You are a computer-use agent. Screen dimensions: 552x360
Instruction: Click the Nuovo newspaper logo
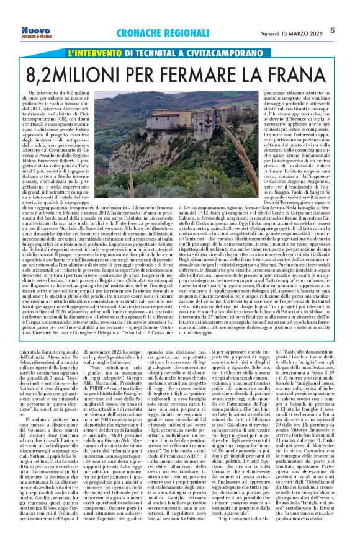coord(37,29)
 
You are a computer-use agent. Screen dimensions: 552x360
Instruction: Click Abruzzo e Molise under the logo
coord(37,35)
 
